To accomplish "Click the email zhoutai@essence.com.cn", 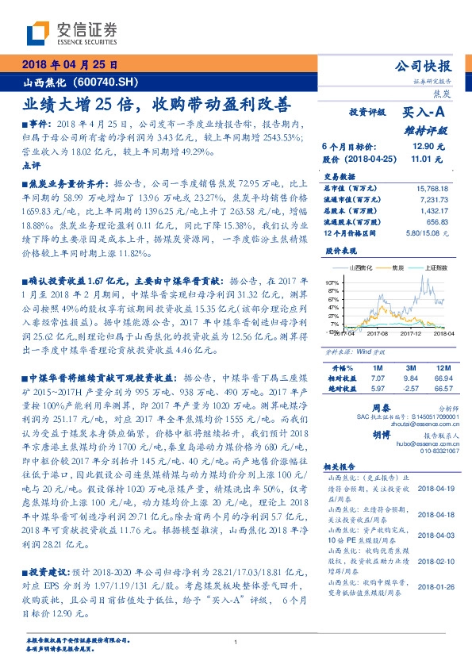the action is point(410,424).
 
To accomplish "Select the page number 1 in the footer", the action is point(236,643).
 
